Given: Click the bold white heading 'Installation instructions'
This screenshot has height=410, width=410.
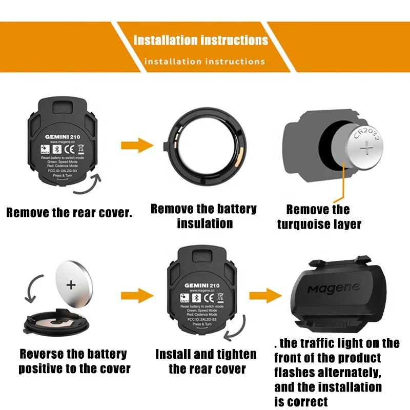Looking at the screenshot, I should coord(200,40).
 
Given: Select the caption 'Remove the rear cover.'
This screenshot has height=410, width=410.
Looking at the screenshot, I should coord(69,213).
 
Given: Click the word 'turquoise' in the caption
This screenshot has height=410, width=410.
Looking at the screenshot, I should coord(305,224).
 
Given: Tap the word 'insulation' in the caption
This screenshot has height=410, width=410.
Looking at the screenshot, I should coord(204,223).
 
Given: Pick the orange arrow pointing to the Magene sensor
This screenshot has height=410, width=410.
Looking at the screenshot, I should coord(265,295).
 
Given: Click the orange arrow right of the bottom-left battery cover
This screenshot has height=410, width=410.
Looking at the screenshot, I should coord(137,295).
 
